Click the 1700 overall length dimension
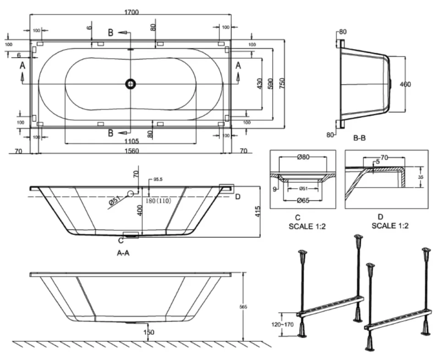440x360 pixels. [x=131, y=12]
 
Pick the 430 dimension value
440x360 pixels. [x=259, y=84]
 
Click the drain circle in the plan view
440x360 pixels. [x=131, y=84]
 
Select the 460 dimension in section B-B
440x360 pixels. [x=405, y=84]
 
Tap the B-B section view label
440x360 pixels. [x=359, y=136]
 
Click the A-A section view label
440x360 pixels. [x=121, y=252]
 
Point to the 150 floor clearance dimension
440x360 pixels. [x=148, y=332]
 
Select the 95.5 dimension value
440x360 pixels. [x=159, y=179]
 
